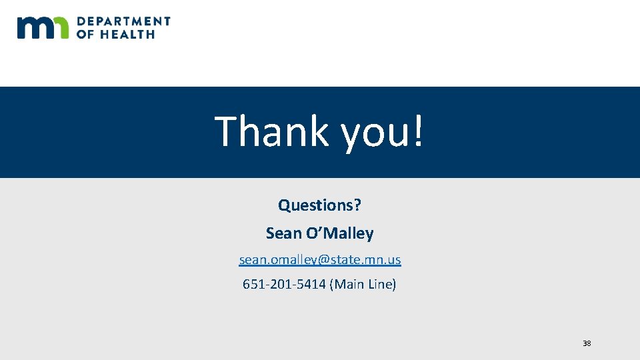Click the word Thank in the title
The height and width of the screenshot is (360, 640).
click(x=272, y=131)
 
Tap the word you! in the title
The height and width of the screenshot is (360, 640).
click(x=382, y=132)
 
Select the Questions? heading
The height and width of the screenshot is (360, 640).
click(x=320, y=205)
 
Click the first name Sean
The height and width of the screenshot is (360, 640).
click(x=283, y=233)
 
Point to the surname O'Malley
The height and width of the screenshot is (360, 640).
click(x=339, y=233)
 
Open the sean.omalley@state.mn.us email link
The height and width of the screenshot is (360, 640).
click(x=320, y=259)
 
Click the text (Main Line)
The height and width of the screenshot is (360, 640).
click(x=363, y=285)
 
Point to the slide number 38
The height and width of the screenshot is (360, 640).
click(x=587, y=343)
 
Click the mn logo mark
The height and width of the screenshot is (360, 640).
click(x=43, y=27)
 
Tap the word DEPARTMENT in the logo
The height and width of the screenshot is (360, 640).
click(x=124, y=21)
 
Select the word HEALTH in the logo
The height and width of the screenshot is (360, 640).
click(x=126, y=34)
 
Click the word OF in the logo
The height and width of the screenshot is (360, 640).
click(x=85, y=34)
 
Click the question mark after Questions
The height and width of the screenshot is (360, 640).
click(x=357, y=205)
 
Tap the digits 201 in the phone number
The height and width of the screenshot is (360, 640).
click(x=281, y=285)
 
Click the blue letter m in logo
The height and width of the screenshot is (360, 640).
click(x=33, y=28)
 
